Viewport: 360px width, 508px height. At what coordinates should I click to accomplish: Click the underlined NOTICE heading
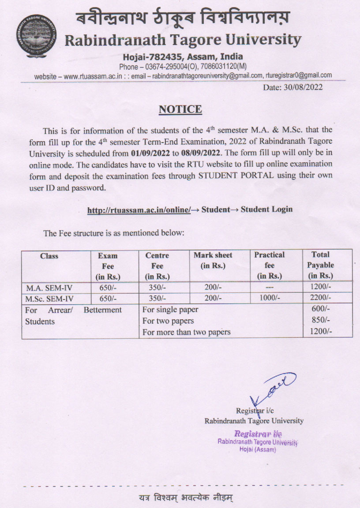(180, 109)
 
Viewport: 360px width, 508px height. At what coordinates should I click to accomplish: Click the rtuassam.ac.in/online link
(139, 210)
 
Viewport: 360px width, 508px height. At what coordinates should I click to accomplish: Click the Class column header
(49, 256)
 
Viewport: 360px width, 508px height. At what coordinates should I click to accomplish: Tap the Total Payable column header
(321, 265)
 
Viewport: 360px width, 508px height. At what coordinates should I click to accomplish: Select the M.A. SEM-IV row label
(43, 288)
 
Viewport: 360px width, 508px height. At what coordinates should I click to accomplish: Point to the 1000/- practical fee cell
(270, 299)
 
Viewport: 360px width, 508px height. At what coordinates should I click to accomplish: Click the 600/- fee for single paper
(321, 310)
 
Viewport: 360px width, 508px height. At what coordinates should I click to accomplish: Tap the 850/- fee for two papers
(321, 321)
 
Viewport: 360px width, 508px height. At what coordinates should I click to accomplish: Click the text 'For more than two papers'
(187, 332)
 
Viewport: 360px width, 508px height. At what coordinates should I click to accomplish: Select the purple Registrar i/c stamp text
(258, 434)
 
